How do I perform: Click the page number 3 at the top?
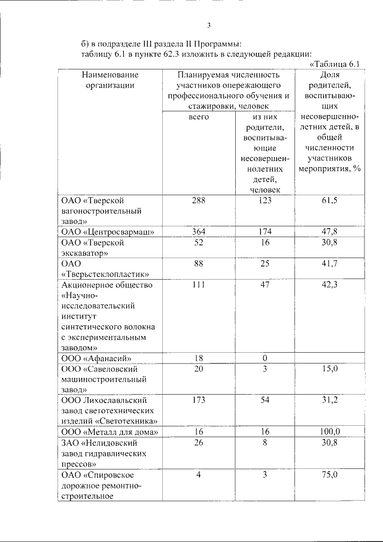(209, 25)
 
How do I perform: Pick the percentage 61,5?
(330, 201)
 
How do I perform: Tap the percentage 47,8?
(330, 232)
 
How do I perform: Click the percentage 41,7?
(330, 264)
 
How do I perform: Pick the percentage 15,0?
(330, 369)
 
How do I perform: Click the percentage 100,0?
(330, 432)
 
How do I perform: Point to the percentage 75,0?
(330, 474)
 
